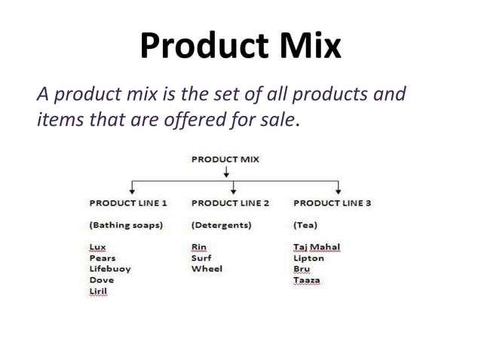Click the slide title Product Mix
[240, 47]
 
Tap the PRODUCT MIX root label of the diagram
[225, 159]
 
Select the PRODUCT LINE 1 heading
[128, 203]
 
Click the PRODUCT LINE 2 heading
[230, 203]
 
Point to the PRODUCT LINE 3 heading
[332, 203]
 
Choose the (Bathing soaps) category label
[127, 225]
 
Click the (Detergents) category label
[222, 225]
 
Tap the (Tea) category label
[305, 225]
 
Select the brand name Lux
[97, 247]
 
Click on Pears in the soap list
[102, 258]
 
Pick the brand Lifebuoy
[109, 269]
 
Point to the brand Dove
[101, 280]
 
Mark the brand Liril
[98, 291]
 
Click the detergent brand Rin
[199, 247]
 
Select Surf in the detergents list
[202, 258]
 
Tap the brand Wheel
[207, 269]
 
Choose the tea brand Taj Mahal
[317, 247]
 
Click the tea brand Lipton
[308, 258]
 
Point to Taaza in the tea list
[307, 280]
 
